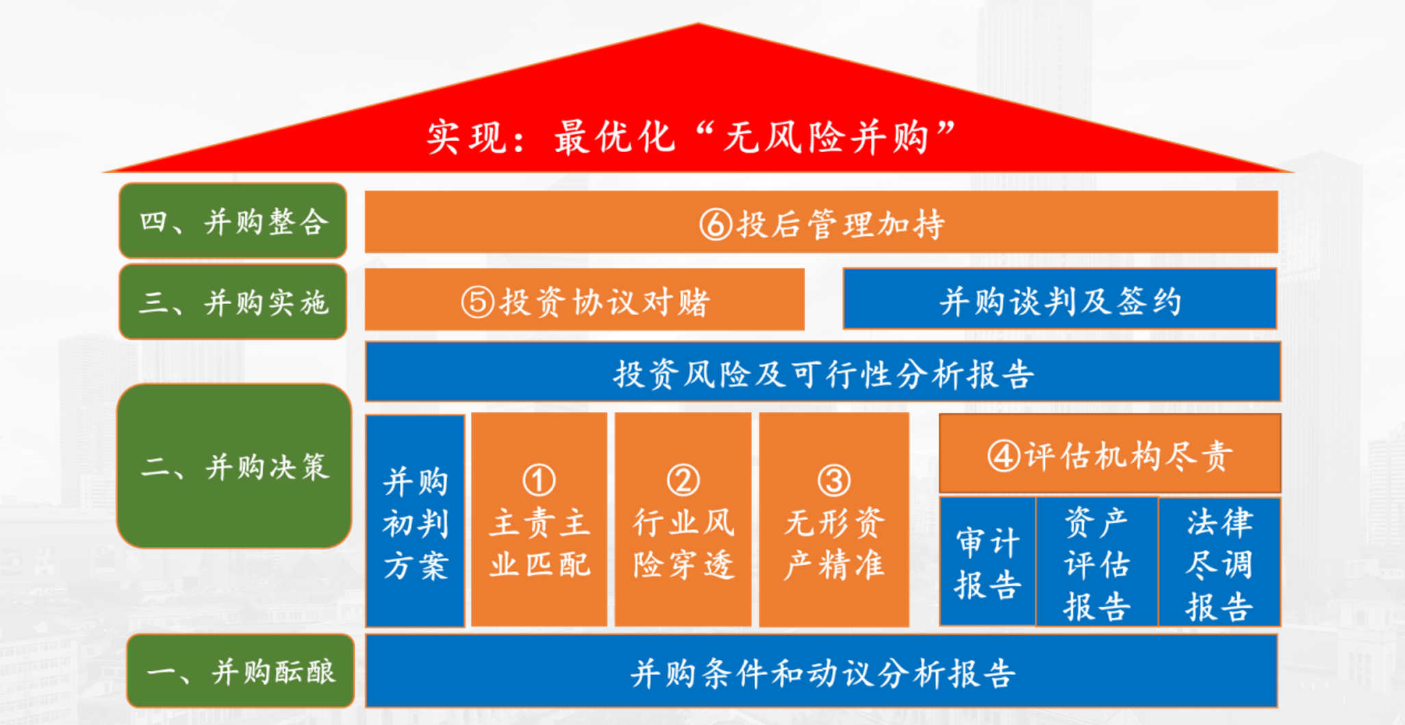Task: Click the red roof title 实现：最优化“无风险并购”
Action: point(692,137)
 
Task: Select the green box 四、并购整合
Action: point(233,221)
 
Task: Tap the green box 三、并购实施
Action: point(233,302)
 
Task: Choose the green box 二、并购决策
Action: point(234,466)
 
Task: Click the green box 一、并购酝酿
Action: point(240,671)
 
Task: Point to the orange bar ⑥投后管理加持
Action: point(821,222)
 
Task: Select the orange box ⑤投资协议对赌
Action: point(584,299)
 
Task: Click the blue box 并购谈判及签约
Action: point(1060,299)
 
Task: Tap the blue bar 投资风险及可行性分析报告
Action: point(823,371)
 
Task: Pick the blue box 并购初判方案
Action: point(415,521)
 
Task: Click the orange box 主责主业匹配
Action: point(539,519)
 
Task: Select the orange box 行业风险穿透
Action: point(683,519)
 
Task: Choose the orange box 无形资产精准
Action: point(834,519)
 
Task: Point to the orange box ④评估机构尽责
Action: point(1110,454)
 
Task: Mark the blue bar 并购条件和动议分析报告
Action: point(822,671)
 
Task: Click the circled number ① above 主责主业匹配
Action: point(539,480)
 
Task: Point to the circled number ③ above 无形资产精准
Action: point(834,480)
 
